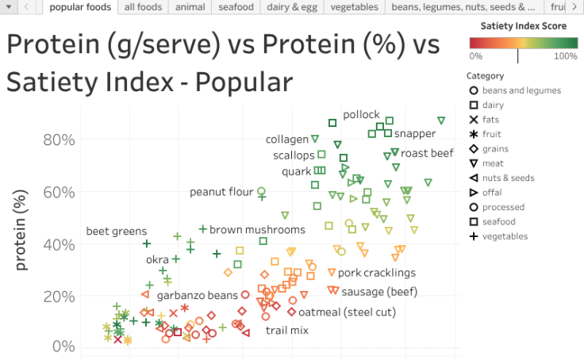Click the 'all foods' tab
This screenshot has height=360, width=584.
[x=143, y=7]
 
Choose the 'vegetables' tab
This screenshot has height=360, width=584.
[x=355, y=7]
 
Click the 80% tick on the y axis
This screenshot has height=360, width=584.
[x=59, y=140]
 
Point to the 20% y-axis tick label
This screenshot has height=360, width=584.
[x=59, y=296]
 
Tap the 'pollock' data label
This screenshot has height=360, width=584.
[x=361, y=114]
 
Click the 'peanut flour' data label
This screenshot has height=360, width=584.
[x=221, y=192]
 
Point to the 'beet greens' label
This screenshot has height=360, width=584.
[x=117, y=232]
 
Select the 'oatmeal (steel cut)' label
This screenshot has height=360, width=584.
[x=347, y=312]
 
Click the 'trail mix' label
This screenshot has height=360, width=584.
[x=287, y=330]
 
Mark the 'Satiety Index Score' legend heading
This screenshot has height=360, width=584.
[x=518, y=26]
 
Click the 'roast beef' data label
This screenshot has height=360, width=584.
[x=427, y=153]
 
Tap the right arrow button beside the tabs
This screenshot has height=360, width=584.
[x=574, y=7]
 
